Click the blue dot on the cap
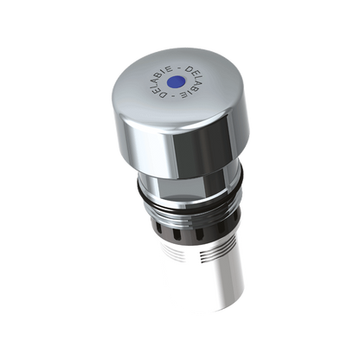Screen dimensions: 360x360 point(176,82)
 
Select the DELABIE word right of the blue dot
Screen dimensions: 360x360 point(190,82)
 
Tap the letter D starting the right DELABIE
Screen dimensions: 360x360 point(189,70)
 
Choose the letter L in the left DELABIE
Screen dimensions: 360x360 point(153,84)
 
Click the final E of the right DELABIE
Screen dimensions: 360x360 point(183,94)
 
